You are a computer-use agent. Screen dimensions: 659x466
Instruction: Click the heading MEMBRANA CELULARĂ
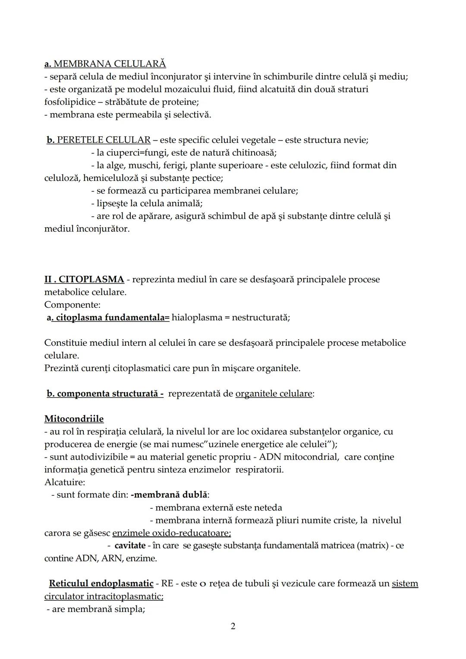[110, 64]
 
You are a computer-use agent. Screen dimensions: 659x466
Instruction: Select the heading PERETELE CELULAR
[104, 140]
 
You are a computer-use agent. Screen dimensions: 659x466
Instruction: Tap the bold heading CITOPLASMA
[91, 279]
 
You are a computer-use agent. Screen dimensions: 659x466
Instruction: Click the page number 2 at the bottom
[233, 626]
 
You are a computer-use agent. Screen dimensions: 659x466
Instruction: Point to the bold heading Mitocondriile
[74, 419]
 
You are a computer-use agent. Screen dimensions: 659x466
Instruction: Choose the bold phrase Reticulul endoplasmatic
[101, 583]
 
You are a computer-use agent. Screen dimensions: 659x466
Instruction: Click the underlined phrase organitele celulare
[274, 394]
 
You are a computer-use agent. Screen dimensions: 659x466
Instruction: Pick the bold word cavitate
[130, 545]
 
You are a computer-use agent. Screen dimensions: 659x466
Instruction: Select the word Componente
[72, 305]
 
